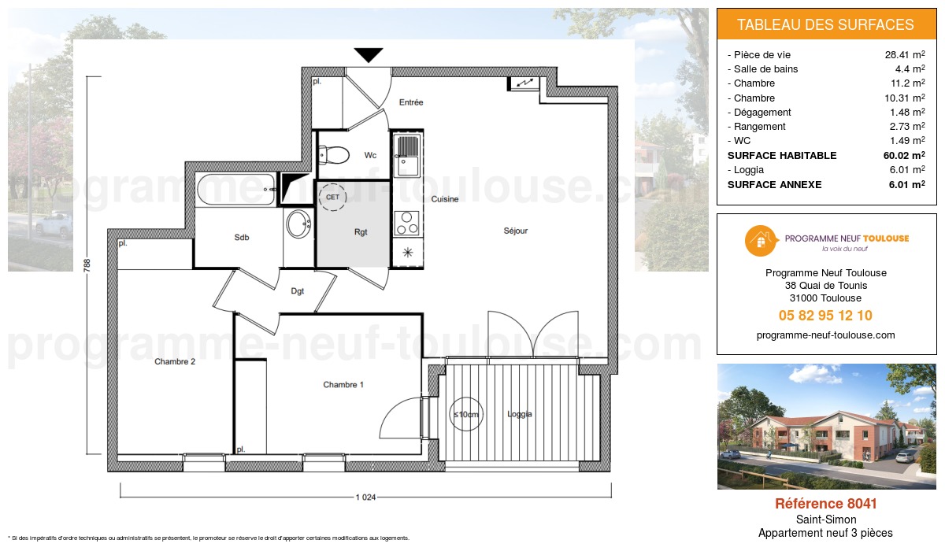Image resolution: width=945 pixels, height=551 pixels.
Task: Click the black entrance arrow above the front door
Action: click(368, 55)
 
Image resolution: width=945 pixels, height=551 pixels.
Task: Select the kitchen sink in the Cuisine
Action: click(408, 155)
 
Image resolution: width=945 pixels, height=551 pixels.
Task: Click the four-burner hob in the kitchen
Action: click(407, 223)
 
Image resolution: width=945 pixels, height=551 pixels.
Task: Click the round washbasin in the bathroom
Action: click(298, 224)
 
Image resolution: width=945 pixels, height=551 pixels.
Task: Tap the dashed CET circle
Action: click(333, 197)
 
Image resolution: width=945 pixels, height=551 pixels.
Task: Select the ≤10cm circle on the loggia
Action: click(465, 415)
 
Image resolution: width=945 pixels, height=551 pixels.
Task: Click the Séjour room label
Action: click(516, 231)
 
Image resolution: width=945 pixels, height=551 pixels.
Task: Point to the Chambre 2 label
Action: click(175, 362)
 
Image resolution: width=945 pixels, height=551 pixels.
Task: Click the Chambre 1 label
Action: click(343, 385)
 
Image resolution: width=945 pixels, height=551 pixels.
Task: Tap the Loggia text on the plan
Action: click(520, 414)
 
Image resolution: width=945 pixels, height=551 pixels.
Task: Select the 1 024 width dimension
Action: click(365, 497)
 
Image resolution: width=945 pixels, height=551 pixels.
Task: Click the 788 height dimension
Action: click(87, 267)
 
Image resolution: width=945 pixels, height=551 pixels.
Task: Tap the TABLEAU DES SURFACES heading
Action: click(825, 24)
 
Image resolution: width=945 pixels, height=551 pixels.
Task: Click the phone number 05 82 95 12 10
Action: click(825, 316)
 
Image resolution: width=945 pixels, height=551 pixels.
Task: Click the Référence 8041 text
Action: click(825, 504)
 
